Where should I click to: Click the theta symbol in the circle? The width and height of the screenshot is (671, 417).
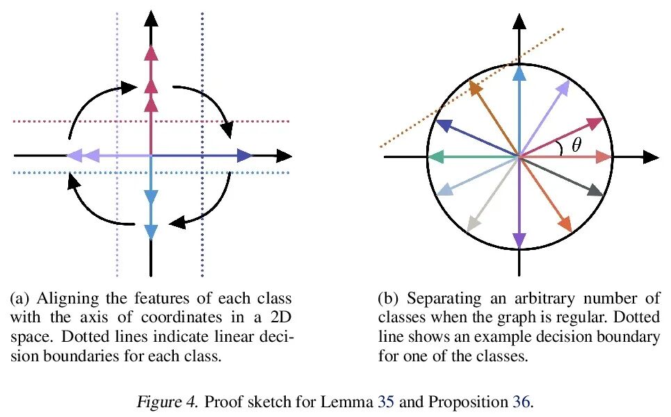coord(576,145)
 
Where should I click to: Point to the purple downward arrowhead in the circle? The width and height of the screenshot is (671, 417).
coord(519,240)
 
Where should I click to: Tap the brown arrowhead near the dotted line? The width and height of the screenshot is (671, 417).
coord(476,88)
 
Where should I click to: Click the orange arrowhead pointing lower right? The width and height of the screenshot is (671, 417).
coord(565,224)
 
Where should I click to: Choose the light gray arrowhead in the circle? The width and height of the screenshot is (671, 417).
coord(474,223)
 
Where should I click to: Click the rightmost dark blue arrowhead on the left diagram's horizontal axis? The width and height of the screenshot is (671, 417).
coord(244,156)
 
